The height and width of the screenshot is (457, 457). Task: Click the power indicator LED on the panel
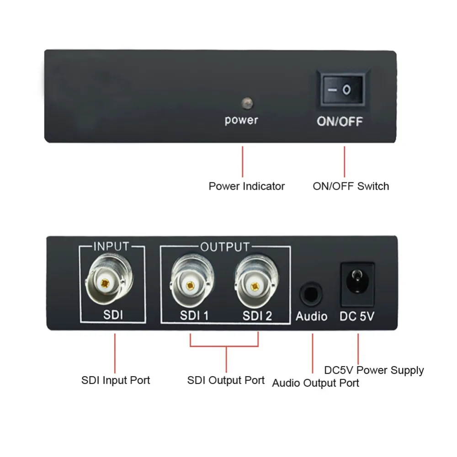pyautogui.click(x=247, y=103)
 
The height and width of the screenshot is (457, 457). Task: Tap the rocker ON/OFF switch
pyautogui.click(x=343, y=90)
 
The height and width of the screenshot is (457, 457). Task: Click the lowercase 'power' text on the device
pyautogui.click(x=241, y=120)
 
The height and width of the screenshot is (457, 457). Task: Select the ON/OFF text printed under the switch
pyautogui.click(x=340, y=121)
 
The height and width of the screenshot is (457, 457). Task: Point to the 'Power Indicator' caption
pyautogui.click(x=247, y=186)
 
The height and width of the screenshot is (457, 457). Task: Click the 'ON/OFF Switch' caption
pyautogui.click(x=351, y=186)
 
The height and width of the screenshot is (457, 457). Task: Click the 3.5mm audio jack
pyautogui.click(x=311, y=294)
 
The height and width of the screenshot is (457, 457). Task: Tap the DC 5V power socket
pyautogui.click(x=357, y=284)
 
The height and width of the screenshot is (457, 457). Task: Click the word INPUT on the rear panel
pyautogui.click(x=111, y=247)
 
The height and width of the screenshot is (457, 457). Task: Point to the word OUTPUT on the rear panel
pyautogui.click(x=225, y=247)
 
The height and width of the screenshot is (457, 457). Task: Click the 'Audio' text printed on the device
pyautogui.click(x=312, y=316)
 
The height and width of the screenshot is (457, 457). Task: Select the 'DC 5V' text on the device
pyautogui.click(x=357, y=316)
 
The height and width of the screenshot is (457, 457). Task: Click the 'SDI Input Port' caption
pyautogui.click(x=116, y=380)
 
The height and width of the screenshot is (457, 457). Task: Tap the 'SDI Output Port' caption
pyautogui.click(x=226, y=380)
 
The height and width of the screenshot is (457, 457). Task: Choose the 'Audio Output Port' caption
pyautogui.click(x=315, y=383)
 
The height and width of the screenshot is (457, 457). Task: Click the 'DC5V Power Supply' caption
pyautogui.click(x=374, y=371)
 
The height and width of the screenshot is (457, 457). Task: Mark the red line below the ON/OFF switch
pyautogui.click(x=345, y=162)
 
